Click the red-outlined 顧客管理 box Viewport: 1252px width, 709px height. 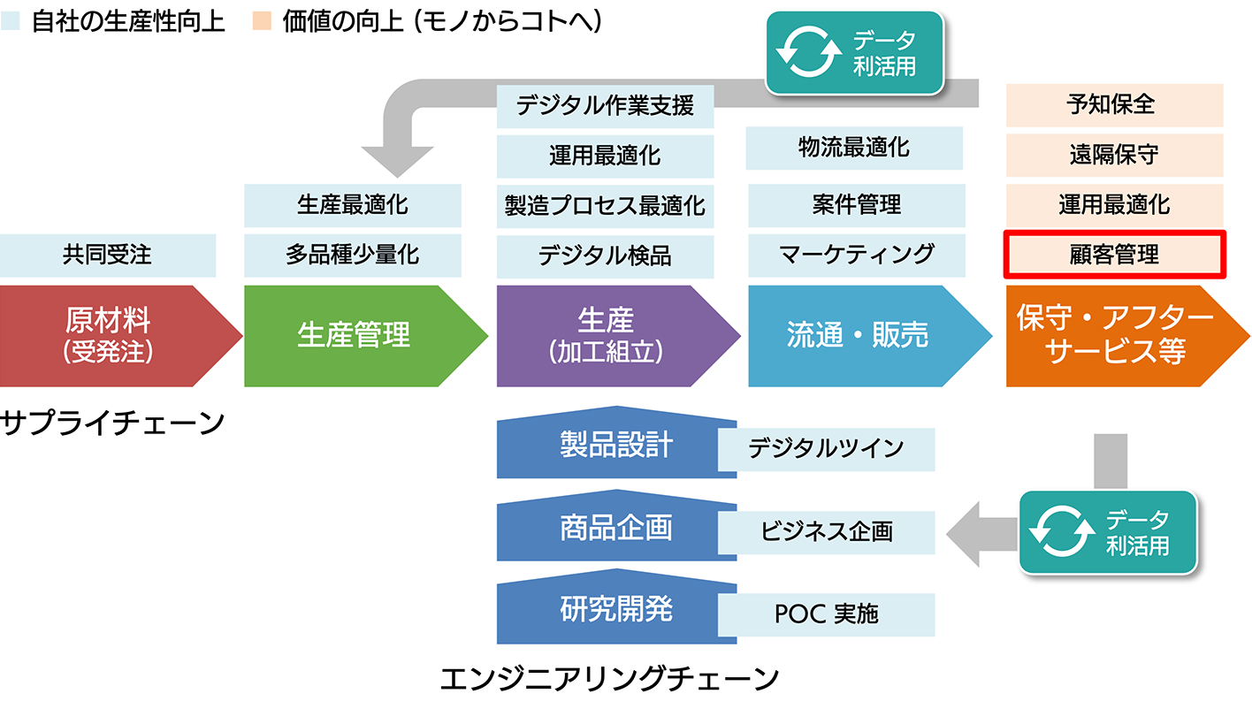1114,255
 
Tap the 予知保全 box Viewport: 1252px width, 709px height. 1114,105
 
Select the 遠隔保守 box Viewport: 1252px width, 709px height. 1114,155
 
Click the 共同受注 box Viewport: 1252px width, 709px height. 107,255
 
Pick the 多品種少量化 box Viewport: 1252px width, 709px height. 353,255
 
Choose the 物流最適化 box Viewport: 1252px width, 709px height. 854,148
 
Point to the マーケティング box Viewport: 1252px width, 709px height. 857,255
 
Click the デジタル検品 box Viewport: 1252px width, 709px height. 605,256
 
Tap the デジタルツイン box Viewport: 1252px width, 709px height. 826,449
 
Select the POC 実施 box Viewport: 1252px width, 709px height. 826,614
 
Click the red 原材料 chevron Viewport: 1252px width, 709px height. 121,336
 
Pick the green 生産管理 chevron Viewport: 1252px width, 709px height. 365,336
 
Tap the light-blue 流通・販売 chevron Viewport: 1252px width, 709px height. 870,336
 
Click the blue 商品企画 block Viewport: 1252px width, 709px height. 616,526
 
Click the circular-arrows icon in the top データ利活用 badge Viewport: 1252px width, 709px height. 809,53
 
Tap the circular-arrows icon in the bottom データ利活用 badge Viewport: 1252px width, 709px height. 1062,532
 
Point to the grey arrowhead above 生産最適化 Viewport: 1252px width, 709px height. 397,162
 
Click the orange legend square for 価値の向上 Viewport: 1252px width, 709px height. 262,21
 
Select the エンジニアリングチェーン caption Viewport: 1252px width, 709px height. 609,679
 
